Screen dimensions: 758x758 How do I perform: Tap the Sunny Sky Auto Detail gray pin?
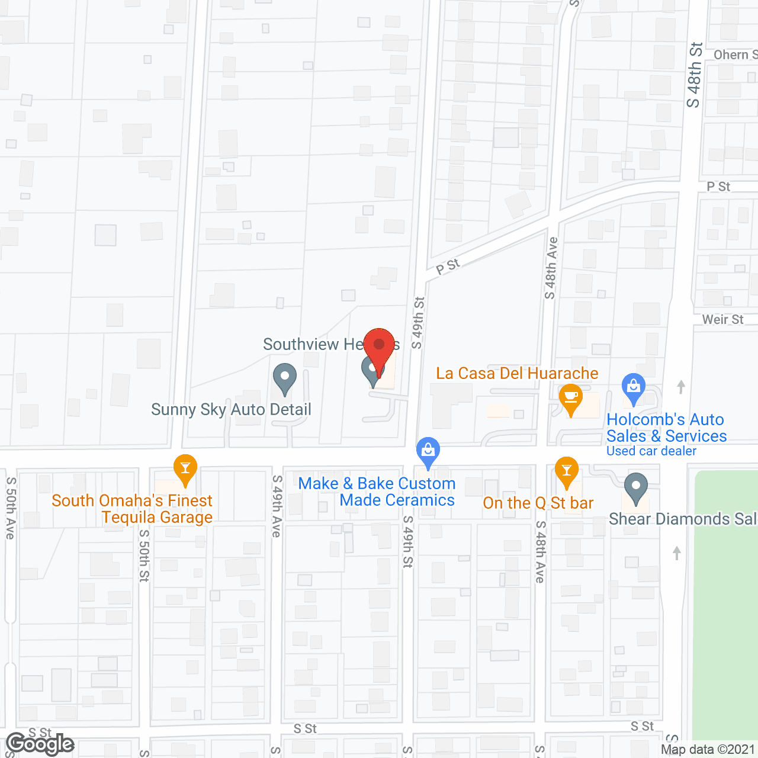(285, 377)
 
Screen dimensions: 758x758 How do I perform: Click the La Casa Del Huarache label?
(517, 374)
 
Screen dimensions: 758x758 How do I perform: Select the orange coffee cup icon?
(571, 397)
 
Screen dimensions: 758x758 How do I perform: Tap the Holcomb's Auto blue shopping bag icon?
(634, 387)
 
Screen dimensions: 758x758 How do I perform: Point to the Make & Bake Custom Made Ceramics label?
(377, 492)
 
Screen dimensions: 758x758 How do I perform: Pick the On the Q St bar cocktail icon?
(567, 471)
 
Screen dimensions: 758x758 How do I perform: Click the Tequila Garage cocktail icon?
(185, 469)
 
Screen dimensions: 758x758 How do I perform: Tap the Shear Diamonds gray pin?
(635, 487)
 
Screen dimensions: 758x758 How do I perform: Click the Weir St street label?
(722, 320)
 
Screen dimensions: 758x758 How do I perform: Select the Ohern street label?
(734, 55)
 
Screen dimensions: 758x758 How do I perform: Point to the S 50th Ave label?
(11, 508)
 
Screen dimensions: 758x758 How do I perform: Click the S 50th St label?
(144, 555)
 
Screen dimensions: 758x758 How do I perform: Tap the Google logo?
(40, 744)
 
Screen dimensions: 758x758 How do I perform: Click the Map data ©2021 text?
(708, 749)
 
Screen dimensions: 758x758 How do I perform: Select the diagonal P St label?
(448, 266)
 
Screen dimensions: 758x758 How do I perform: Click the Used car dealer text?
(651, 451)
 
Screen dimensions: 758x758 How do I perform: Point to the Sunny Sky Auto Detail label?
(231, 409)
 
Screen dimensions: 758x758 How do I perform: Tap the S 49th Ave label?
(277, 506)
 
